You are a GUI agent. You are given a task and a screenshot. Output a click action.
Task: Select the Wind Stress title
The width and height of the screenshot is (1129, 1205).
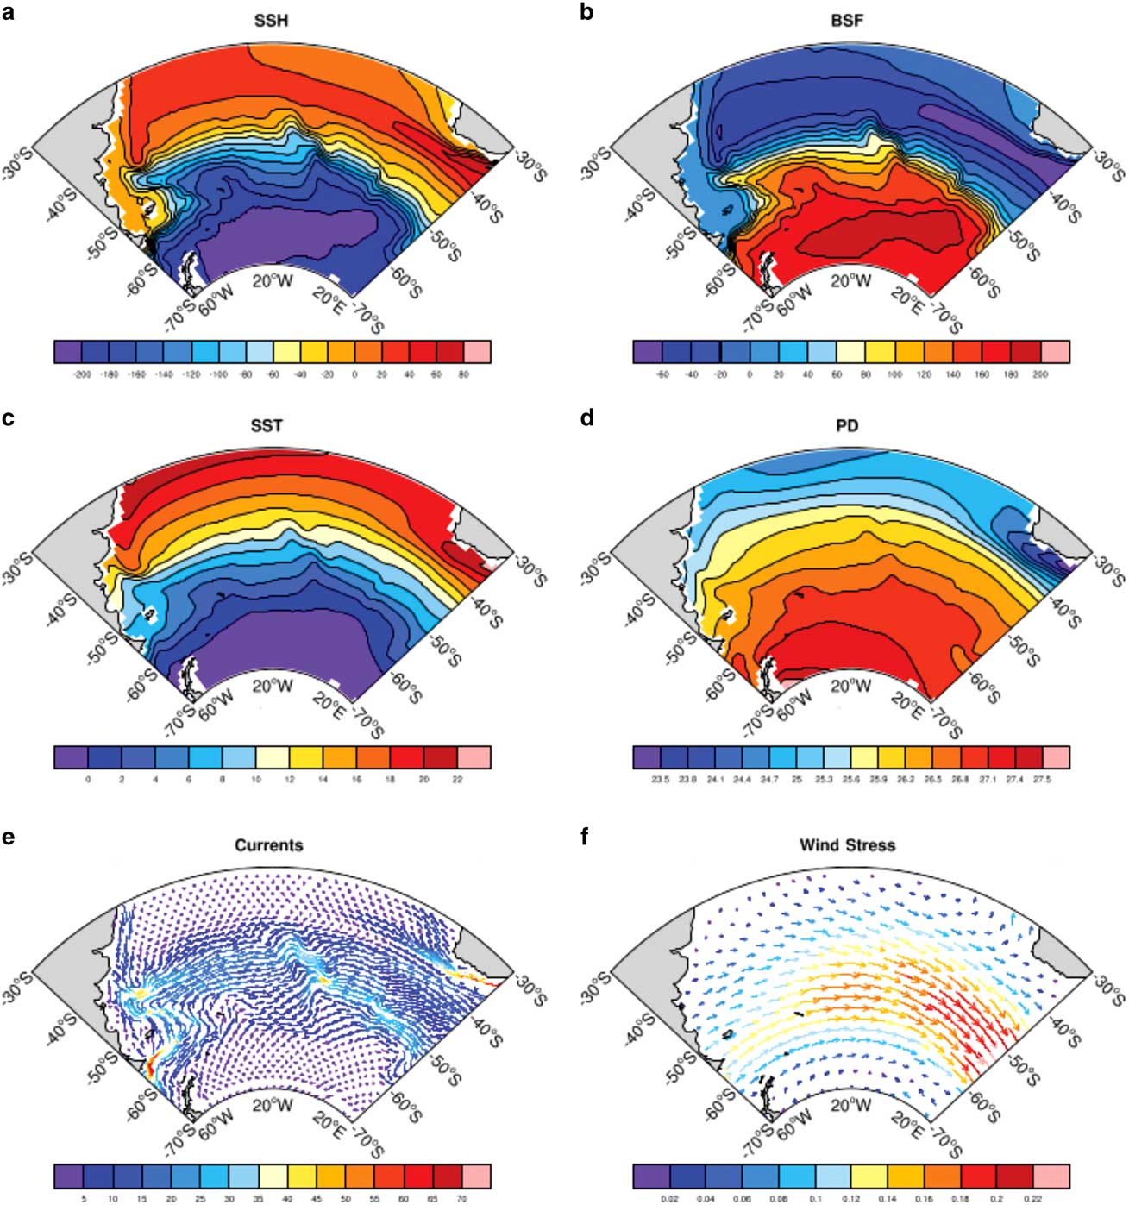[x=847, y=845]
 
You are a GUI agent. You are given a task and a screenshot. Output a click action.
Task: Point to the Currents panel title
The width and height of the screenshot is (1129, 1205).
[x=269, y=845]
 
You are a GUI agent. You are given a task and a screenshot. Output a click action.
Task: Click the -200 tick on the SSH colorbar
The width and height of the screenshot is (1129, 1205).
[x=82, y=375]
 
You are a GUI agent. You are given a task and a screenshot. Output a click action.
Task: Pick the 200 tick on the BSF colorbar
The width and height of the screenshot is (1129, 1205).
[x=1040, y=375]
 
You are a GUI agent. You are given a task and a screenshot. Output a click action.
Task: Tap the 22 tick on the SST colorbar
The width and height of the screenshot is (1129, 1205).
[x=457, y=780]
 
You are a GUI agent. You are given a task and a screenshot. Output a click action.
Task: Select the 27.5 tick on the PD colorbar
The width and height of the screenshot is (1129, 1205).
[x=1041, y=780]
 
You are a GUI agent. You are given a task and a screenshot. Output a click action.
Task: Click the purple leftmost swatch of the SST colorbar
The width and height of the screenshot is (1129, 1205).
[x=70, y=757]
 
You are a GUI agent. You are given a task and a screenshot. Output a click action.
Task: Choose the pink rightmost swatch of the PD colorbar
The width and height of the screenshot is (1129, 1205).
[x=1056, y=757]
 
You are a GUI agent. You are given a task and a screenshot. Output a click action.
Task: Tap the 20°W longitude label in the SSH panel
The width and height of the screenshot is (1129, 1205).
[x=272, y=280]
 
